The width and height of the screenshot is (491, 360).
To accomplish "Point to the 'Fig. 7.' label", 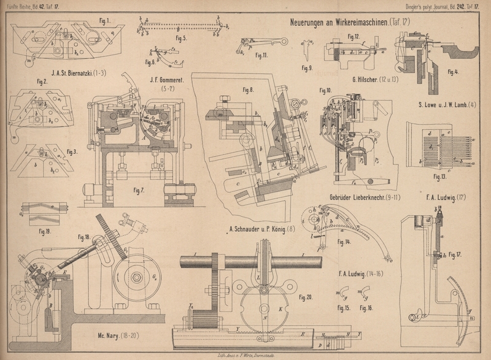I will pos(140,190).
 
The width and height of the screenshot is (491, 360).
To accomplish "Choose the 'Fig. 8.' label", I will pos(247,90).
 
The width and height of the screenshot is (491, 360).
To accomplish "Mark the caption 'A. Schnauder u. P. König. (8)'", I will pos(261,231).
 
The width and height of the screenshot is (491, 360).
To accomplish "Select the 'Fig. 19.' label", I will pos(44,232).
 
